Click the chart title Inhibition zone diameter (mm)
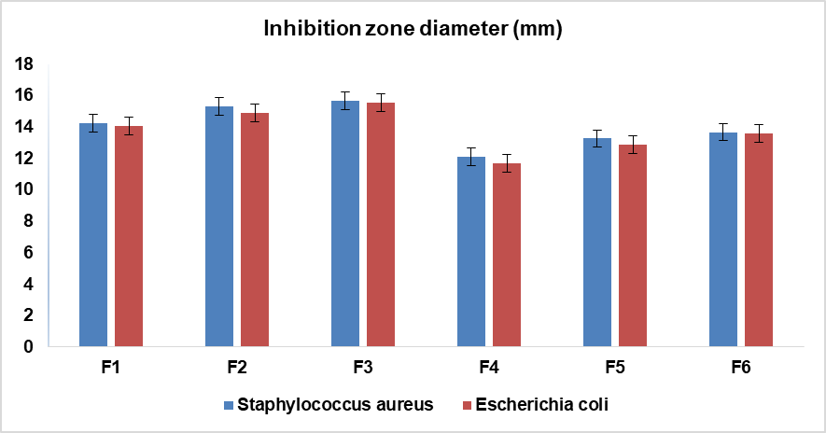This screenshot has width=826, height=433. [x=413, y=29]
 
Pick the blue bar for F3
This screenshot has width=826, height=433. [x=345, y=224]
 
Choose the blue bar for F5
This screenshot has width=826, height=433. [x=597, y=243]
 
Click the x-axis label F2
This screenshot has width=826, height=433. [x=237, y=368]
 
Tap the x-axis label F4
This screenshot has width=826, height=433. [x=489, y=368]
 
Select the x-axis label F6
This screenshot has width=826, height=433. [x=741, y=368]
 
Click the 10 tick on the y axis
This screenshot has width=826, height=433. [x=23, y=189]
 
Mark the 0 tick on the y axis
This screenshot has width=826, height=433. [x=28, y=347]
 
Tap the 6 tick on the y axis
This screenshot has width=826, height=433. [x=28, y=253]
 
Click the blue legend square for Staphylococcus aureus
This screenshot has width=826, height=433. [x=228, y=405]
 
